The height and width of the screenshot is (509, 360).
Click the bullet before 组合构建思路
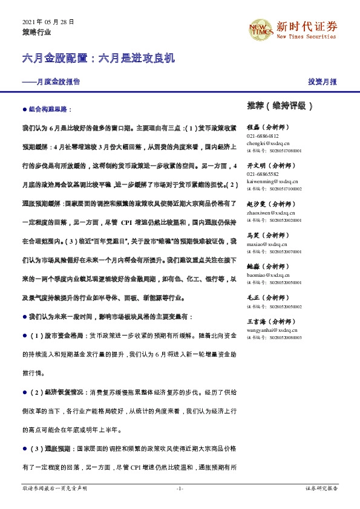pyautogui.click(x=24, y=111)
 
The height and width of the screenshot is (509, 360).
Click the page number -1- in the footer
pyautogui.click(x=180, y=488)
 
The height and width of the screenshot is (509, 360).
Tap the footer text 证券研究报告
pyautogui.click(x=321, y=488)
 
